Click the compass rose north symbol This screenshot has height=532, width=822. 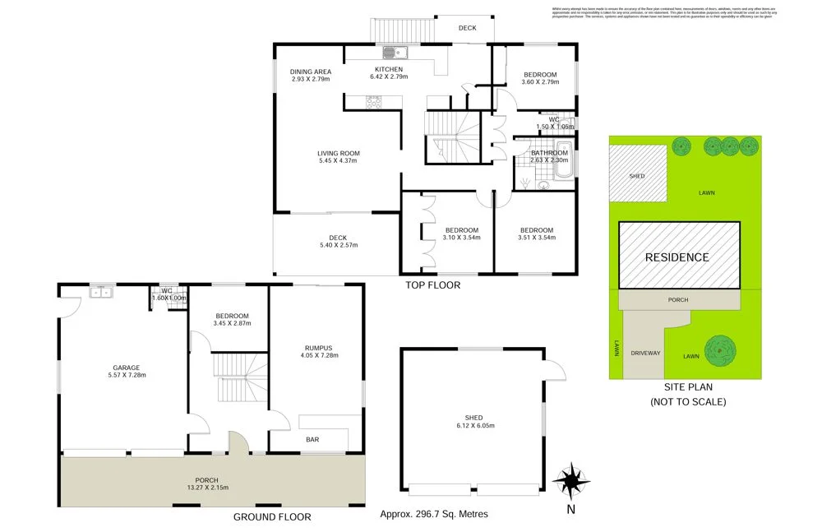570,479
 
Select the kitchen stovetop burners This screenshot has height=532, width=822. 374,102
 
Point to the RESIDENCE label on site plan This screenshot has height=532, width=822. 677,257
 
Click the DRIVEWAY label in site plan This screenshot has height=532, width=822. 645,353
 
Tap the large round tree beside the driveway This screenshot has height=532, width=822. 718,349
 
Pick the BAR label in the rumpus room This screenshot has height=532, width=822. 313,440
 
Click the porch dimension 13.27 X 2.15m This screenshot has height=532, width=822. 205,488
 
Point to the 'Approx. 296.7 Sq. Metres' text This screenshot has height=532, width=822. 434,515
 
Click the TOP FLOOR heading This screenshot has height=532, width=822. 432,285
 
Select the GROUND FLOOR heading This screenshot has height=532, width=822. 272,517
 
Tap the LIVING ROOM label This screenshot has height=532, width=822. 339,153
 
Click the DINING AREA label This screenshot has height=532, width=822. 310,72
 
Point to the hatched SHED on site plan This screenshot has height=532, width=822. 637,173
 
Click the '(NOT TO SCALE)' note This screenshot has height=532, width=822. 688,402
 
